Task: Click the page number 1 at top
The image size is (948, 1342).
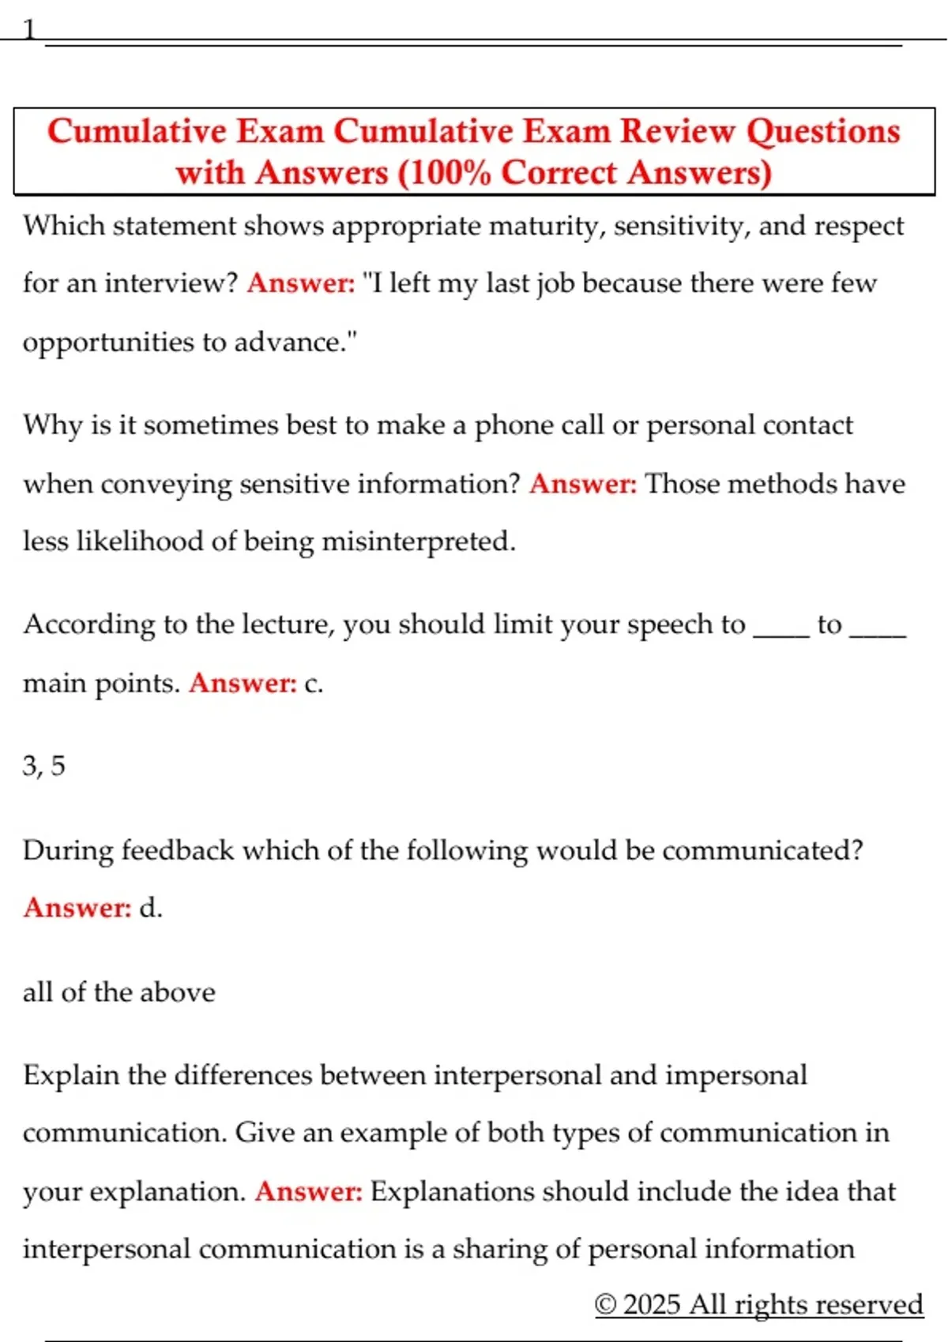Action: click(x=29, y=30)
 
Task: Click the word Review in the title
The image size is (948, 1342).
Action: click(x=677, y=132)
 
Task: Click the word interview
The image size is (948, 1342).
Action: click(x=171, y=283)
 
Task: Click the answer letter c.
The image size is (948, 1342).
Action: click(x=313, y=684)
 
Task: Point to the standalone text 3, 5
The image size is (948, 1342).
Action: click(x=44, y=766)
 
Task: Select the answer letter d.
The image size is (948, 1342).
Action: click(x=150, y=909)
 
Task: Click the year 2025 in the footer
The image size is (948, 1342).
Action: click(x=652, y=1304)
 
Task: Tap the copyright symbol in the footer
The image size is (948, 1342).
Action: click(x=605, y=1304)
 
